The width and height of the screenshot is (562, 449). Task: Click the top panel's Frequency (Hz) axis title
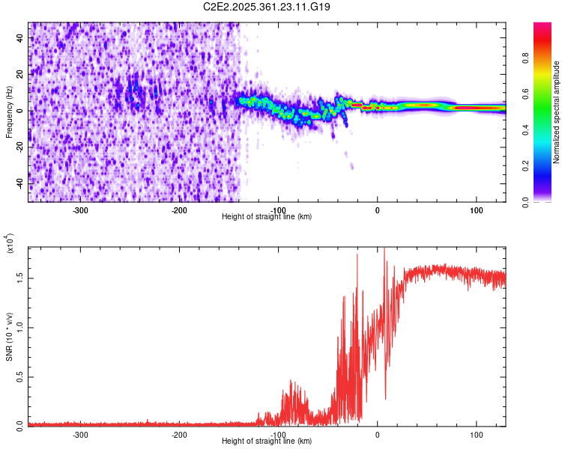(9, 111)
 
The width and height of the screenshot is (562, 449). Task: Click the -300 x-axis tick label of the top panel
(80, 210)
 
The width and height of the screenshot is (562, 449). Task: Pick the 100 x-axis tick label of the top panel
(476, 210)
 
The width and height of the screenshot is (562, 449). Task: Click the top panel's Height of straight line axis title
(267, 217)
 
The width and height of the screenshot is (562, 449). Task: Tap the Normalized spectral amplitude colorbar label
(557, 112)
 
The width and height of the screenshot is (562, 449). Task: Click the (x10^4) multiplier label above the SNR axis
(10, 244)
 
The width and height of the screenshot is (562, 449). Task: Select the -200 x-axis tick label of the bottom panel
(179, 434)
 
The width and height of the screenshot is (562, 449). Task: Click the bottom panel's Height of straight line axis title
(267, 442)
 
